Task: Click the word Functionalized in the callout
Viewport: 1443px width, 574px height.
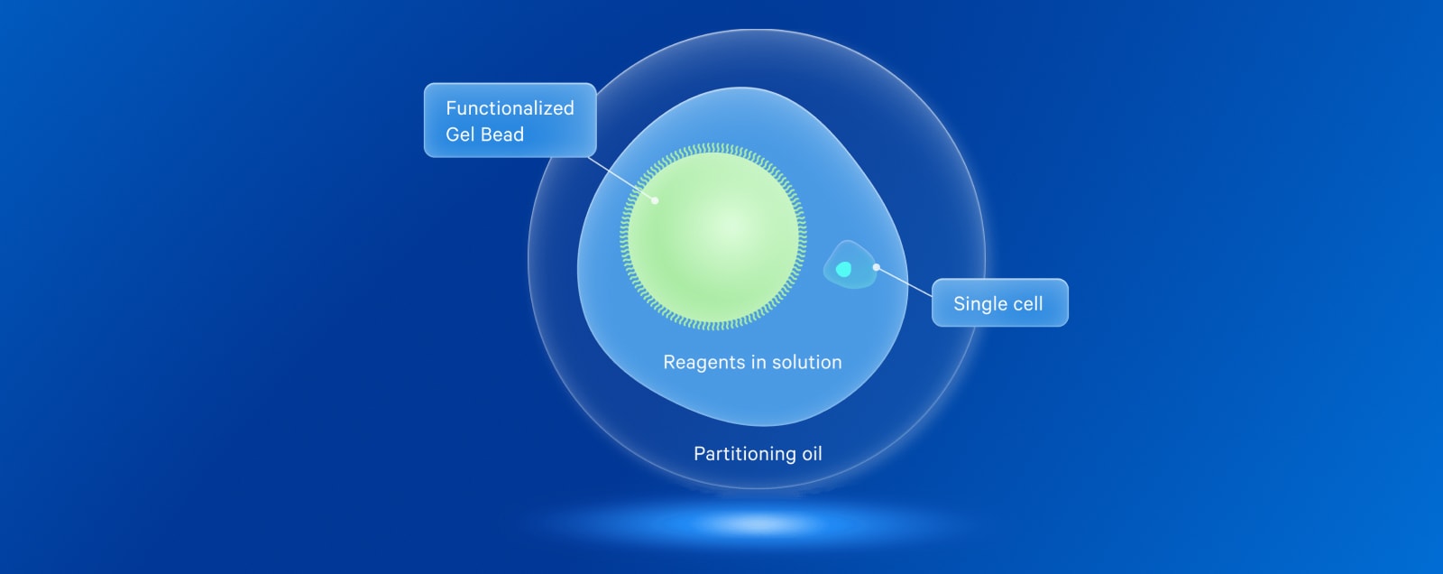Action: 510,107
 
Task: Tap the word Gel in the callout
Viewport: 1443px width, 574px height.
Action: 460,134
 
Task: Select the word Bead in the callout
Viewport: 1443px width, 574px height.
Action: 502,134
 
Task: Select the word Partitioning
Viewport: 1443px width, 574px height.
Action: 745,454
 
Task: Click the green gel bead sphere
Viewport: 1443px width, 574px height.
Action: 713,236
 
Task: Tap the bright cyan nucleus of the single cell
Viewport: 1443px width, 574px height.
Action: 843,269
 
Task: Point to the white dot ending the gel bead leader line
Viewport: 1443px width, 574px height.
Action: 655,200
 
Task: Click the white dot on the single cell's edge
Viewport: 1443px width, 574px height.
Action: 876,267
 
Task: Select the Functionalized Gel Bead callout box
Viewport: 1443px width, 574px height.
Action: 510,120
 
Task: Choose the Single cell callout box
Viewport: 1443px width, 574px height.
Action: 1000,302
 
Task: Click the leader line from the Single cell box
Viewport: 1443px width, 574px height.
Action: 904,282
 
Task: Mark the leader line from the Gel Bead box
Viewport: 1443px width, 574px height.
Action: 621,179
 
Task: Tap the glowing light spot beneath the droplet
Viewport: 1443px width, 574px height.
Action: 760,523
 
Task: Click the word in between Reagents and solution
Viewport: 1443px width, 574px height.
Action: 759,363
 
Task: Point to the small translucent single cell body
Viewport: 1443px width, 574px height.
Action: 850,264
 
